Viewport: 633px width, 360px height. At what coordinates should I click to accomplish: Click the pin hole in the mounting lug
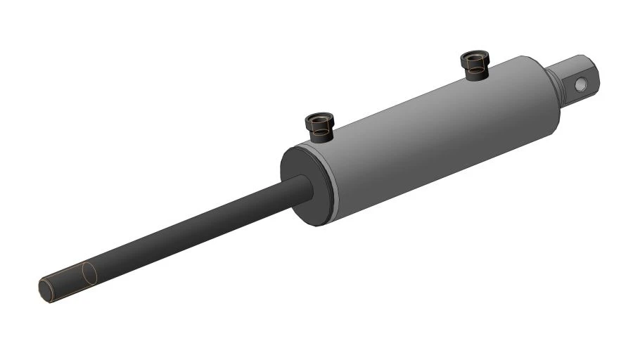(580, 84)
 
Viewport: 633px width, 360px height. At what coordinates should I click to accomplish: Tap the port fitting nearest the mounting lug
(475, 65)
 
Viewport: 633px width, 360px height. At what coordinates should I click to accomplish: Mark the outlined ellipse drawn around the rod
(87, 274)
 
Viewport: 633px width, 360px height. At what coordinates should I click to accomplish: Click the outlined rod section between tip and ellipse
(67, 281)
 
